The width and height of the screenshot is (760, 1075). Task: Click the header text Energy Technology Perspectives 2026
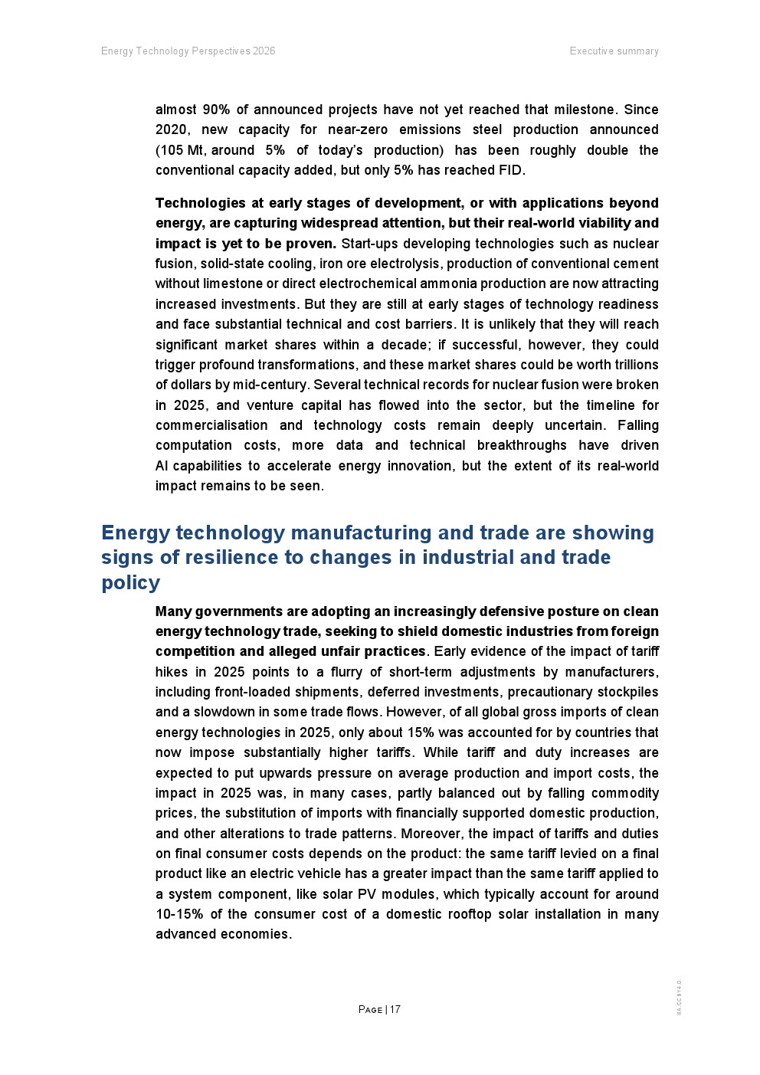188,51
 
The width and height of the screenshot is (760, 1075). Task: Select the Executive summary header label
614,51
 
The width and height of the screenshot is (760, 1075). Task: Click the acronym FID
509,170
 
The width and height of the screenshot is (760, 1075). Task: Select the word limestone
231,283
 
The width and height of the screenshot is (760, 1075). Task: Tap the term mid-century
276,385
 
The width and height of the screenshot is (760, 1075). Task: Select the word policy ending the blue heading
131,582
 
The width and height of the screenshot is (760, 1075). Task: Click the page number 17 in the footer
395,1009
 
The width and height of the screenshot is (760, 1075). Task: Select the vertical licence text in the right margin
679,997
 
